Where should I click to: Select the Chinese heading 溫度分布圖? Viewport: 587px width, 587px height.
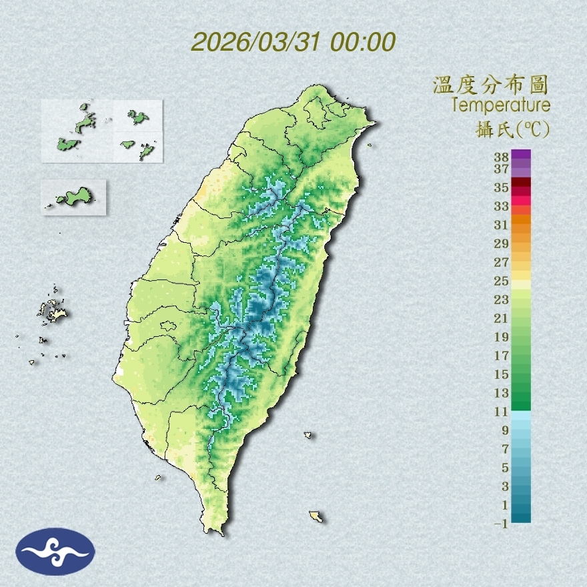(490, 85)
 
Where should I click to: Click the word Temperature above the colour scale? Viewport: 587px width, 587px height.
(500, 105)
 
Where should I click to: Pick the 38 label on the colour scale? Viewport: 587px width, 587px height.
(501, 157)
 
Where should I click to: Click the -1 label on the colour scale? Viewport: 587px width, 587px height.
(501, 524)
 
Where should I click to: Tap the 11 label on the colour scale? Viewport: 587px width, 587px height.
(501, 412)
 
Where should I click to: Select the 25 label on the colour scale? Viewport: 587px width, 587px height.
(501, 280)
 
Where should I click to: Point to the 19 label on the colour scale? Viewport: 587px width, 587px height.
(501, 337)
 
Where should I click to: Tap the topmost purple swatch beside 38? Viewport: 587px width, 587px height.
(522, 154)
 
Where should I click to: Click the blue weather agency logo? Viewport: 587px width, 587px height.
(55, 552)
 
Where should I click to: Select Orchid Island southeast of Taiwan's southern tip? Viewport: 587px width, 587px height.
(316, 516)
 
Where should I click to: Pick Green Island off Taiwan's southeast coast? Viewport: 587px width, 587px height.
(308, 436)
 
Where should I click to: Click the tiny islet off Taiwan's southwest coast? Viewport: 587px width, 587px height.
(159, 477)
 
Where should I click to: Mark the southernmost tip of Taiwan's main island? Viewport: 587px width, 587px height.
(215, 532)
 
